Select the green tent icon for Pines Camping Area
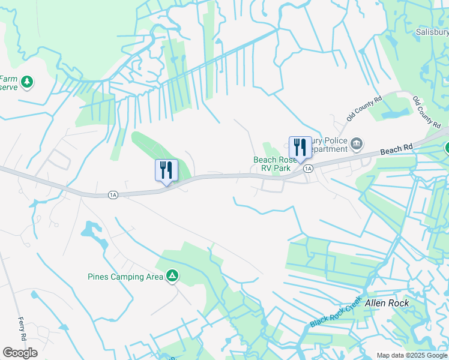[x=172, y=276]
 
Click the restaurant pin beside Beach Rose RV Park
[x=300, y=149]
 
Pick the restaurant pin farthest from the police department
[x=166, y=172]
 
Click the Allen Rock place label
[x=387, y=303]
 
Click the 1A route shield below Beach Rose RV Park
[x=308, y=169]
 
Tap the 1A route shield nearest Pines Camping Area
[x=112, y=194]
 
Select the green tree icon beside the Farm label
[x=26, y=82]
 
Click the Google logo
[x=20, y=353]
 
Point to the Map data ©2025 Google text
[x=411, y=355]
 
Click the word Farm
[x=8, y=79]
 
